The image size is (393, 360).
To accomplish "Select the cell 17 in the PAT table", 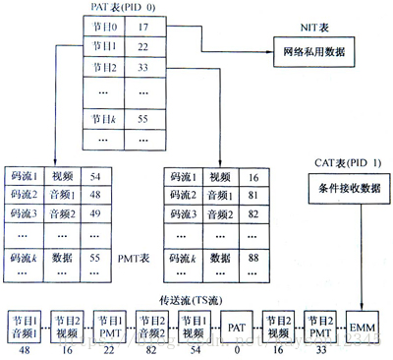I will point(143,27).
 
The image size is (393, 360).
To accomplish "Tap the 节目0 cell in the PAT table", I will point(104,27).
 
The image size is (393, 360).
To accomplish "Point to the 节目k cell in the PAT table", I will point(104,119).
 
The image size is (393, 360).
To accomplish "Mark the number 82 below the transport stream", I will point(149,348).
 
